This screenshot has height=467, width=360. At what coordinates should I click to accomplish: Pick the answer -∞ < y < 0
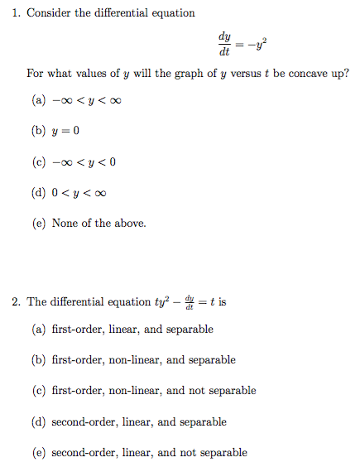coord(84,162)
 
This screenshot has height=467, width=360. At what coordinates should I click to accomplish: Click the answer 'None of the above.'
coord(98,223)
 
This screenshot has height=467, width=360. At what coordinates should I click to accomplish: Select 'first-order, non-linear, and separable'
coord(143,360)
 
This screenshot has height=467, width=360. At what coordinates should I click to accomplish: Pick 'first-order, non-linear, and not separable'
coord(154,390)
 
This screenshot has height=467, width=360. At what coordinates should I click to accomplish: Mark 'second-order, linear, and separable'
coord(139,421)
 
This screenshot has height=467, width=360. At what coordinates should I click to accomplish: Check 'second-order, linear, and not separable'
coord(149,452)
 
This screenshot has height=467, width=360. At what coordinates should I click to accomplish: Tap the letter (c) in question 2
coord(37,390)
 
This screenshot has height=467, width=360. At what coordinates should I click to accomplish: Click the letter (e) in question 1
coord(37,223)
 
